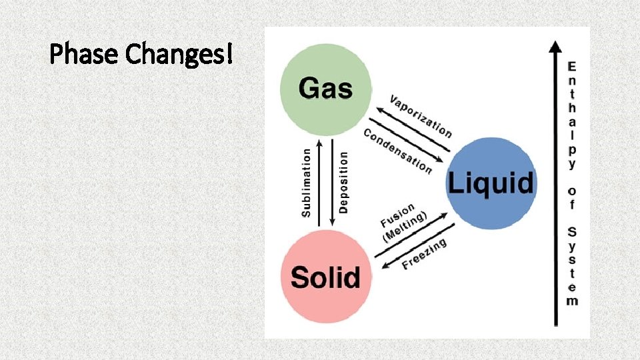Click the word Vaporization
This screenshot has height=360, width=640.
click(x=420, y=117)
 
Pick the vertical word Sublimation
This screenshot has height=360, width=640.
click(x=307, y=182)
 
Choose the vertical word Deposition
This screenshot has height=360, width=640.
click(x=343, y=182)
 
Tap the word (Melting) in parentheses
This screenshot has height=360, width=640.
click(x=405, y=227)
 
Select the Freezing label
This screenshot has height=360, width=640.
click(x=424, y=255)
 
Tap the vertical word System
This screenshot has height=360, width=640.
click(x=572, y=266)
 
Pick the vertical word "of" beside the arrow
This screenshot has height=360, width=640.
click(x=572, y=198)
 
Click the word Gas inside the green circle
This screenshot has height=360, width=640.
click(x=325, y=87)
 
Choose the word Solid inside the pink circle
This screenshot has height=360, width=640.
click(x=325, y=277)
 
